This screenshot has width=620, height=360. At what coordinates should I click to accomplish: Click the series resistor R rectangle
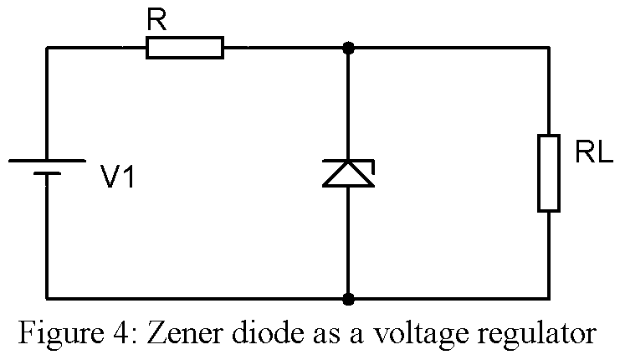[185, 48]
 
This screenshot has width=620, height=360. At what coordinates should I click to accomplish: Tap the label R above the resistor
[156, 21]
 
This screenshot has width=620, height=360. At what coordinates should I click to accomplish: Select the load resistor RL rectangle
[549, 172]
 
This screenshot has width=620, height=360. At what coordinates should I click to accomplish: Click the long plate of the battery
[47, 160]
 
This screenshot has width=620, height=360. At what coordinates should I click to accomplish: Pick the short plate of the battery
[47, 175]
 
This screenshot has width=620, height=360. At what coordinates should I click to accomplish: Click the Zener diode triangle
[348, 174]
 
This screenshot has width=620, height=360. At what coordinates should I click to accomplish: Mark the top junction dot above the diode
[348, 48]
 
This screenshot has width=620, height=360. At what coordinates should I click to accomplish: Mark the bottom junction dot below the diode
[348, 298]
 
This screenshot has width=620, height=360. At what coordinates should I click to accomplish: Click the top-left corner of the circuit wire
[47, 48]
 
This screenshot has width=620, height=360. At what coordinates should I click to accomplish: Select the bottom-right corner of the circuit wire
[549, 298]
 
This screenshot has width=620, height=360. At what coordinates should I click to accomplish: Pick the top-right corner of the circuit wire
[549, 48]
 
